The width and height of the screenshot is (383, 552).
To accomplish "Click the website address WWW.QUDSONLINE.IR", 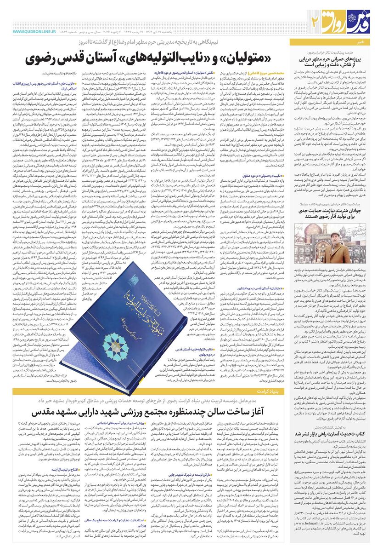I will [x=34, y=32].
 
